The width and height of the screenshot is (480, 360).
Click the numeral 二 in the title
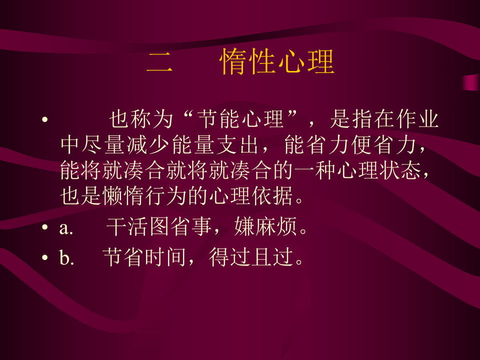click(160, 63)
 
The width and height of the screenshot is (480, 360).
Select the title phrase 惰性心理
click(277, 63)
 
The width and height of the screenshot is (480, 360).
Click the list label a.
click(66, 228)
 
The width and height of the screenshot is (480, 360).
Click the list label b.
click(66, 259)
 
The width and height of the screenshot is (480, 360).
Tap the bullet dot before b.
click(45, 259)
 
